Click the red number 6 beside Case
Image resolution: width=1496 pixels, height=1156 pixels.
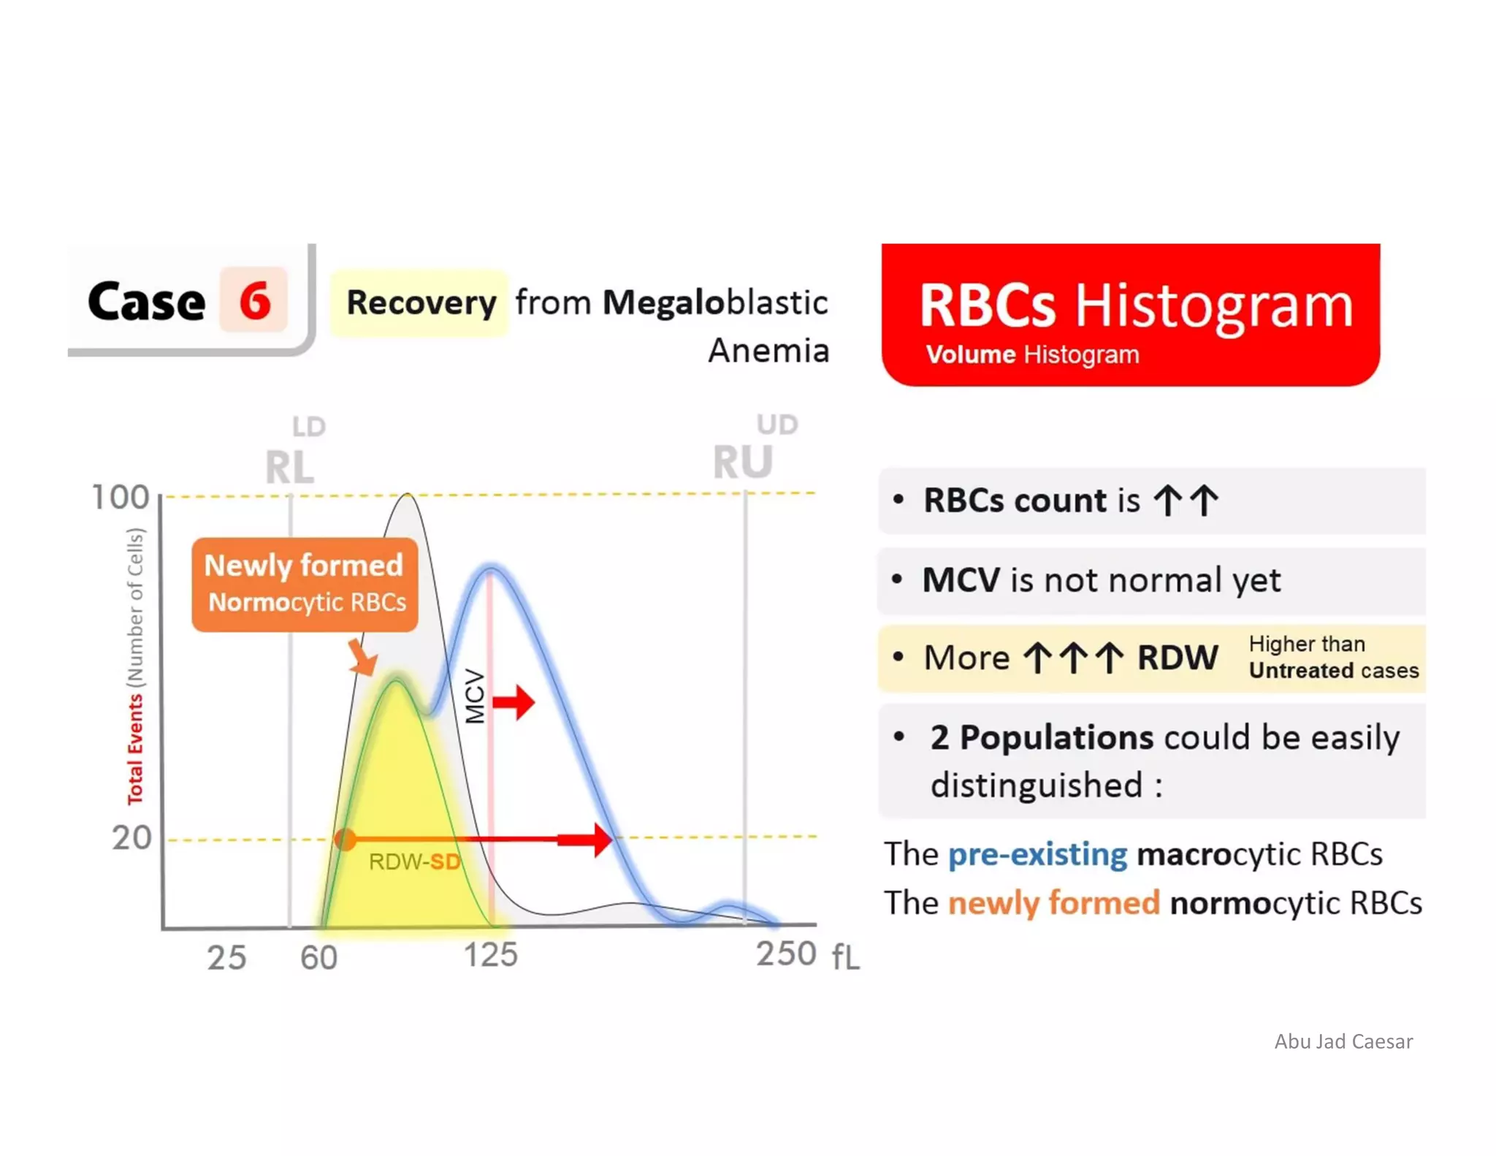[255, 300]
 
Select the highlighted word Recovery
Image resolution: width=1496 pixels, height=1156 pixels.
[421, 303]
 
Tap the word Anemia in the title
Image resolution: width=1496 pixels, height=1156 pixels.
[768, 351]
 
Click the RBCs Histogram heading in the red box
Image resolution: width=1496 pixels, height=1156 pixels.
[1135, 305]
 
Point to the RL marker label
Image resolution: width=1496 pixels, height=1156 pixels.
[289, 468]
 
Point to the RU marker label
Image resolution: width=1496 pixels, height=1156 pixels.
[742, 463]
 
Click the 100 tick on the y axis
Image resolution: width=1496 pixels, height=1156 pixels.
[121, 498]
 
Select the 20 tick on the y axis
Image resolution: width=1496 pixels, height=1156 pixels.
[131, 838]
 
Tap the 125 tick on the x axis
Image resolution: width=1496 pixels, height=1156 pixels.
[491, 955]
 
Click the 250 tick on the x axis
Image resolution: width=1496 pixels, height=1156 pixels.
[785, 954]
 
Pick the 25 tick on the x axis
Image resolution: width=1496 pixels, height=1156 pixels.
[226, 958]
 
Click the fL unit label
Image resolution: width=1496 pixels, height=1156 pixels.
[846, 957]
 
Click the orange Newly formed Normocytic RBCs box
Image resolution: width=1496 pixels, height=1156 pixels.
[305, 585]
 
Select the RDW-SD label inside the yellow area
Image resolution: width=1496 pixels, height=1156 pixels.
[414, 862]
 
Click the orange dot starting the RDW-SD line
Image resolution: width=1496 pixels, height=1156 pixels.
[345, 839]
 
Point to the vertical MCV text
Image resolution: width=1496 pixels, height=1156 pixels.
[475, 696]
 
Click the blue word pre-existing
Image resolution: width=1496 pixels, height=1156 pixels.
[1037, 854]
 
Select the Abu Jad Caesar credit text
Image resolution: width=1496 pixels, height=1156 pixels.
[1343, 1041]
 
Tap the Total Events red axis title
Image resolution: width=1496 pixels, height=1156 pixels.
[135, 750]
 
